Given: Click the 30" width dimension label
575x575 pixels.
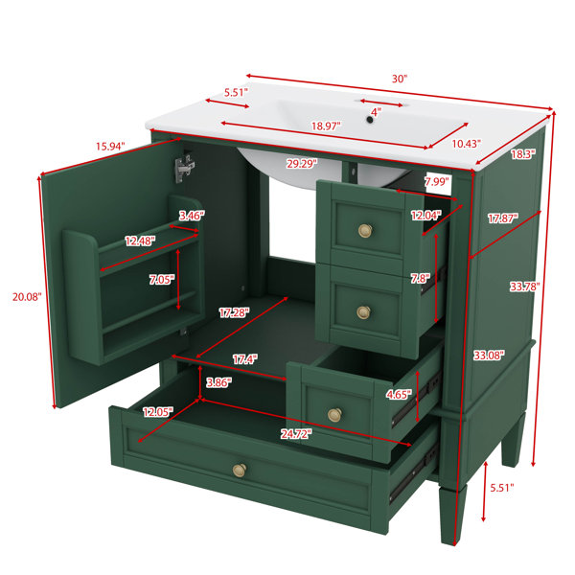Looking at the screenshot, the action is click(x=400, y=79).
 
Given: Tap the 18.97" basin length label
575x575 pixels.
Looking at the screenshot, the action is click(x=326, y=126).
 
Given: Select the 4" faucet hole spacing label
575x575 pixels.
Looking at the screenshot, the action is click(x=376, y=111).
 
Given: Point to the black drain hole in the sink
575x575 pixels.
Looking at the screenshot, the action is click(x=370, y=120).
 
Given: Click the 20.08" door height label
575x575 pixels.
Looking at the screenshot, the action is click(x=27, y=297).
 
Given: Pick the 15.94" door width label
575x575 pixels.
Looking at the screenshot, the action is click(x=110, y=147).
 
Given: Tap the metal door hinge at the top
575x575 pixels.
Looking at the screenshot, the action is click(x=184, y=167).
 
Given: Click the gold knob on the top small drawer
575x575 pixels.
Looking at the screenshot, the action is click(x=365, y=230).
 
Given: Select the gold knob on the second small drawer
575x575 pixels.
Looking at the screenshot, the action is click(x=364, y=312).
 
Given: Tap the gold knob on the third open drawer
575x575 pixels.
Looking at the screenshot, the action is click(x=334, y=415).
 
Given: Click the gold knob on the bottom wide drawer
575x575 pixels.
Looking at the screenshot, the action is click(x=240, y=470).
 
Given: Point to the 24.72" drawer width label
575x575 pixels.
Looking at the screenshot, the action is click(x=296, y=434).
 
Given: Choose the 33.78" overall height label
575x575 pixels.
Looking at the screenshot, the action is click(x=525, y=287).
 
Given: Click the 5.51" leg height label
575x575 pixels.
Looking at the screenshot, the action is click(x=502, y=488).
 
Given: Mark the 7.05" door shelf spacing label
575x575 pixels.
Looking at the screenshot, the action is click(x=162, y=280).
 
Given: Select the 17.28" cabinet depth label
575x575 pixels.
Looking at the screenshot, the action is click(x=234, y=312).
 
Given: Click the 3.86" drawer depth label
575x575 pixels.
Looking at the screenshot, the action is click(x=218, y=382).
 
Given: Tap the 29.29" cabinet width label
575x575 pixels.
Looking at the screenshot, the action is click(x=302, y=164).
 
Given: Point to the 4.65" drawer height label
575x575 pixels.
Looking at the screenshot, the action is click(x=399, y=395).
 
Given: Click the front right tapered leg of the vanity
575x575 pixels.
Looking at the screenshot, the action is click(x=453, y=514).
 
